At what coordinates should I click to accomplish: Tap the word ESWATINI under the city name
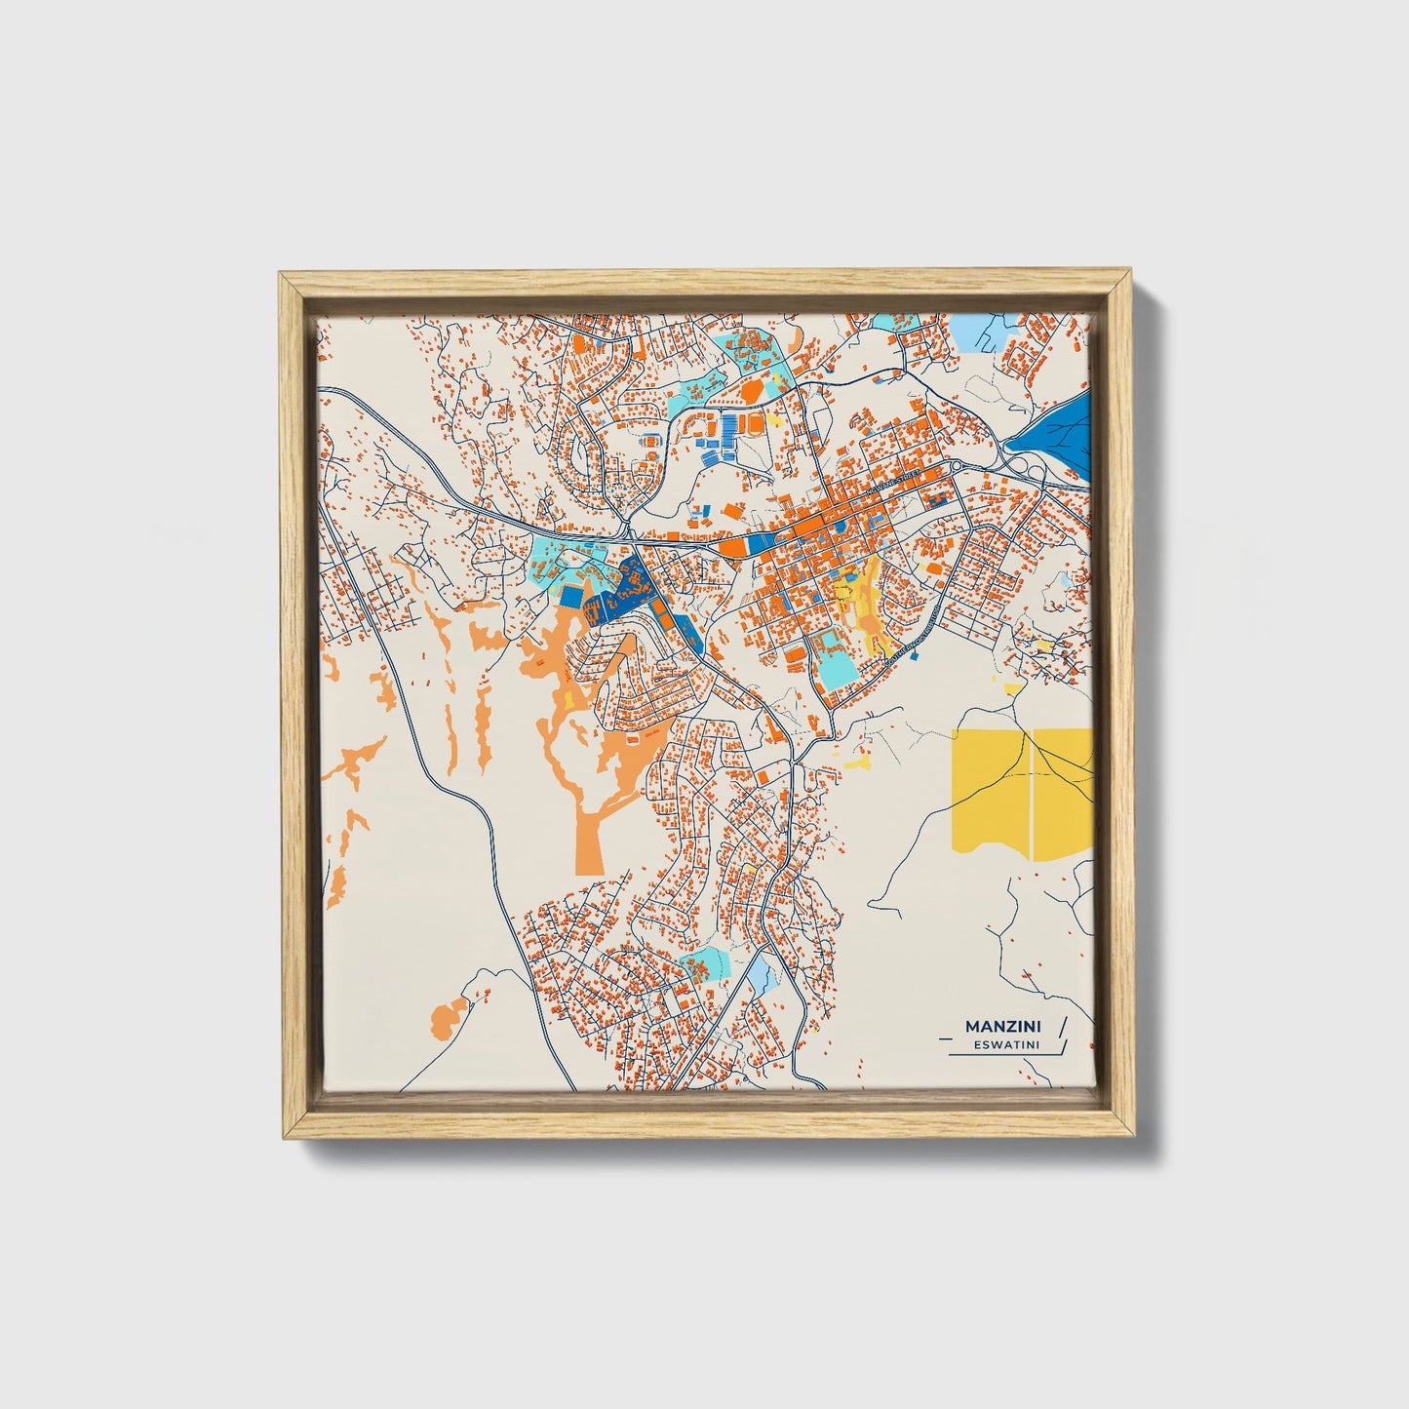tap(1004, 1044)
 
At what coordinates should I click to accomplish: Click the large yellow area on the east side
tap(1019, 790)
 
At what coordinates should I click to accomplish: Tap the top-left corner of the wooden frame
tap(280, 274)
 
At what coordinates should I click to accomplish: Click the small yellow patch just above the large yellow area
tap(1014, 688)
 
